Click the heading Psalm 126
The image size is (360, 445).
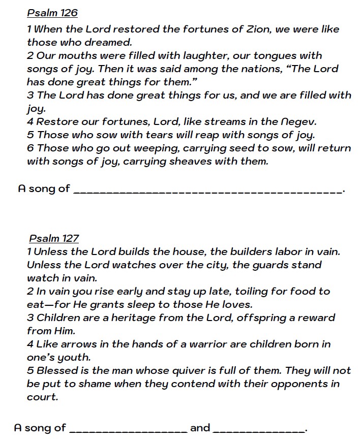(52, 13)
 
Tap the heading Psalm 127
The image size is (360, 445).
(54, 238)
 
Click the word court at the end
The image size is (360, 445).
(42, 397)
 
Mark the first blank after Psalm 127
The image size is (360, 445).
(128, 430)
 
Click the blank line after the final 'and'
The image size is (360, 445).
(259, 430)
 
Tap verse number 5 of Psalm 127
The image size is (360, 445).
(31, 370)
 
